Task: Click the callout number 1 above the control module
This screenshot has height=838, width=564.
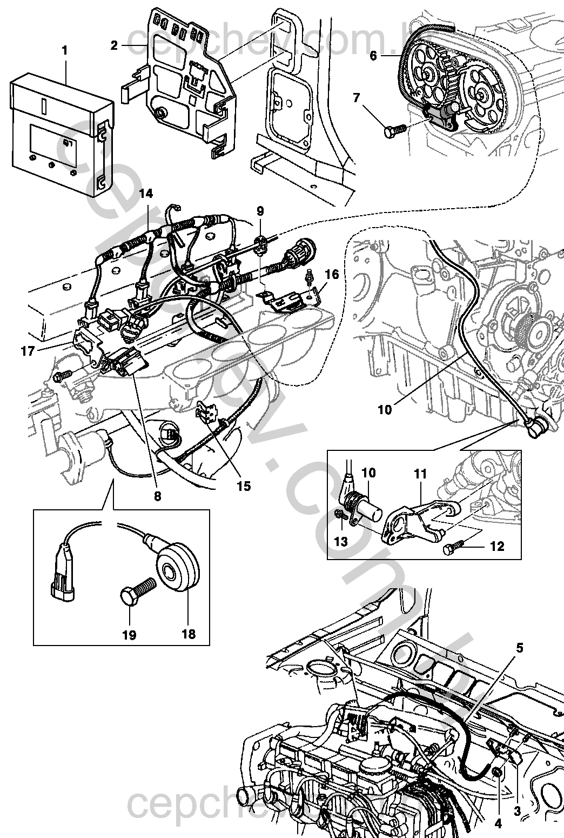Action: click(65, 51)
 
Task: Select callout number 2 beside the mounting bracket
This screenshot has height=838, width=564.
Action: click(114, 45)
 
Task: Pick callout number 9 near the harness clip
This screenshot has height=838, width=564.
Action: click(260, 211)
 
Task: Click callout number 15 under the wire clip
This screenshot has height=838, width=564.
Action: click(244, 486)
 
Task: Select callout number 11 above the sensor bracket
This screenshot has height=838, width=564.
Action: click(420, 474)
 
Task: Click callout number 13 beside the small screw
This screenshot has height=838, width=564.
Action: click(341, 541)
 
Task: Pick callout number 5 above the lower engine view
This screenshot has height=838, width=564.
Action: click(519, 647)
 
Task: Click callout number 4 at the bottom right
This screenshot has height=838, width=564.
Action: click(498, 824)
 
